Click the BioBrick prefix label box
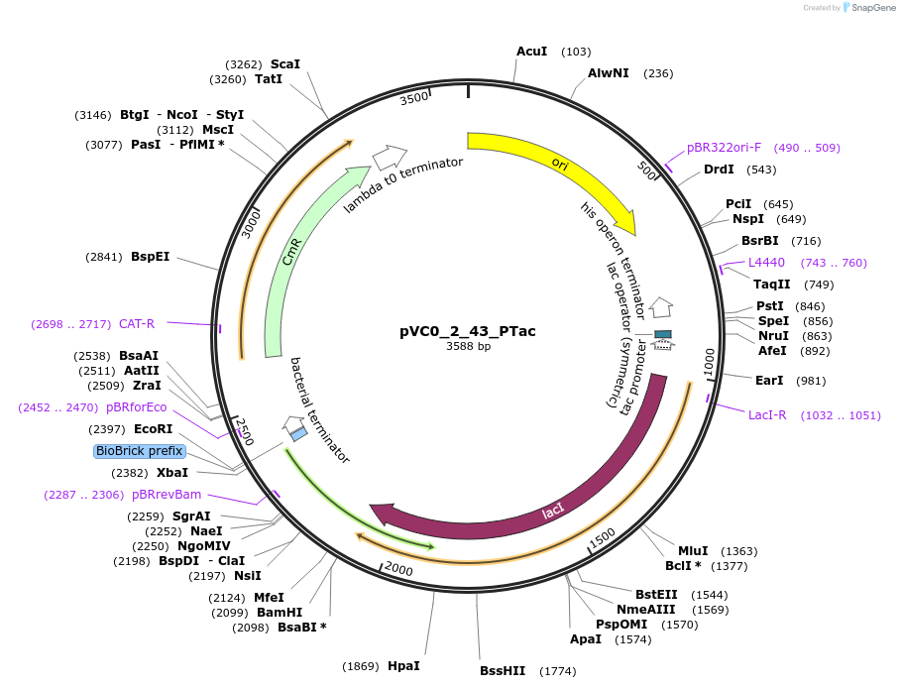139,451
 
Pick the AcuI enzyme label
531,51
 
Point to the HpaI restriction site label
403,665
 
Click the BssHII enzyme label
502,671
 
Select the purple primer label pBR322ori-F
724,148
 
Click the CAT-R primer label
137,323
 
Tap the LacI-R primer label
767,414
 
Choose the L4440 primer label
766,262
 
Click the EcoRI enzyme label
154,429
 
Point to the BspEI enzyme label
150,256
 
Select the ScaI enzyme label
285,64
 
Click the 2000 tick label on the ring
398,568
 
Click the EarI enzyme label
768,380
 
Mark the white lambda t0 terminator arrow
390,157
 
